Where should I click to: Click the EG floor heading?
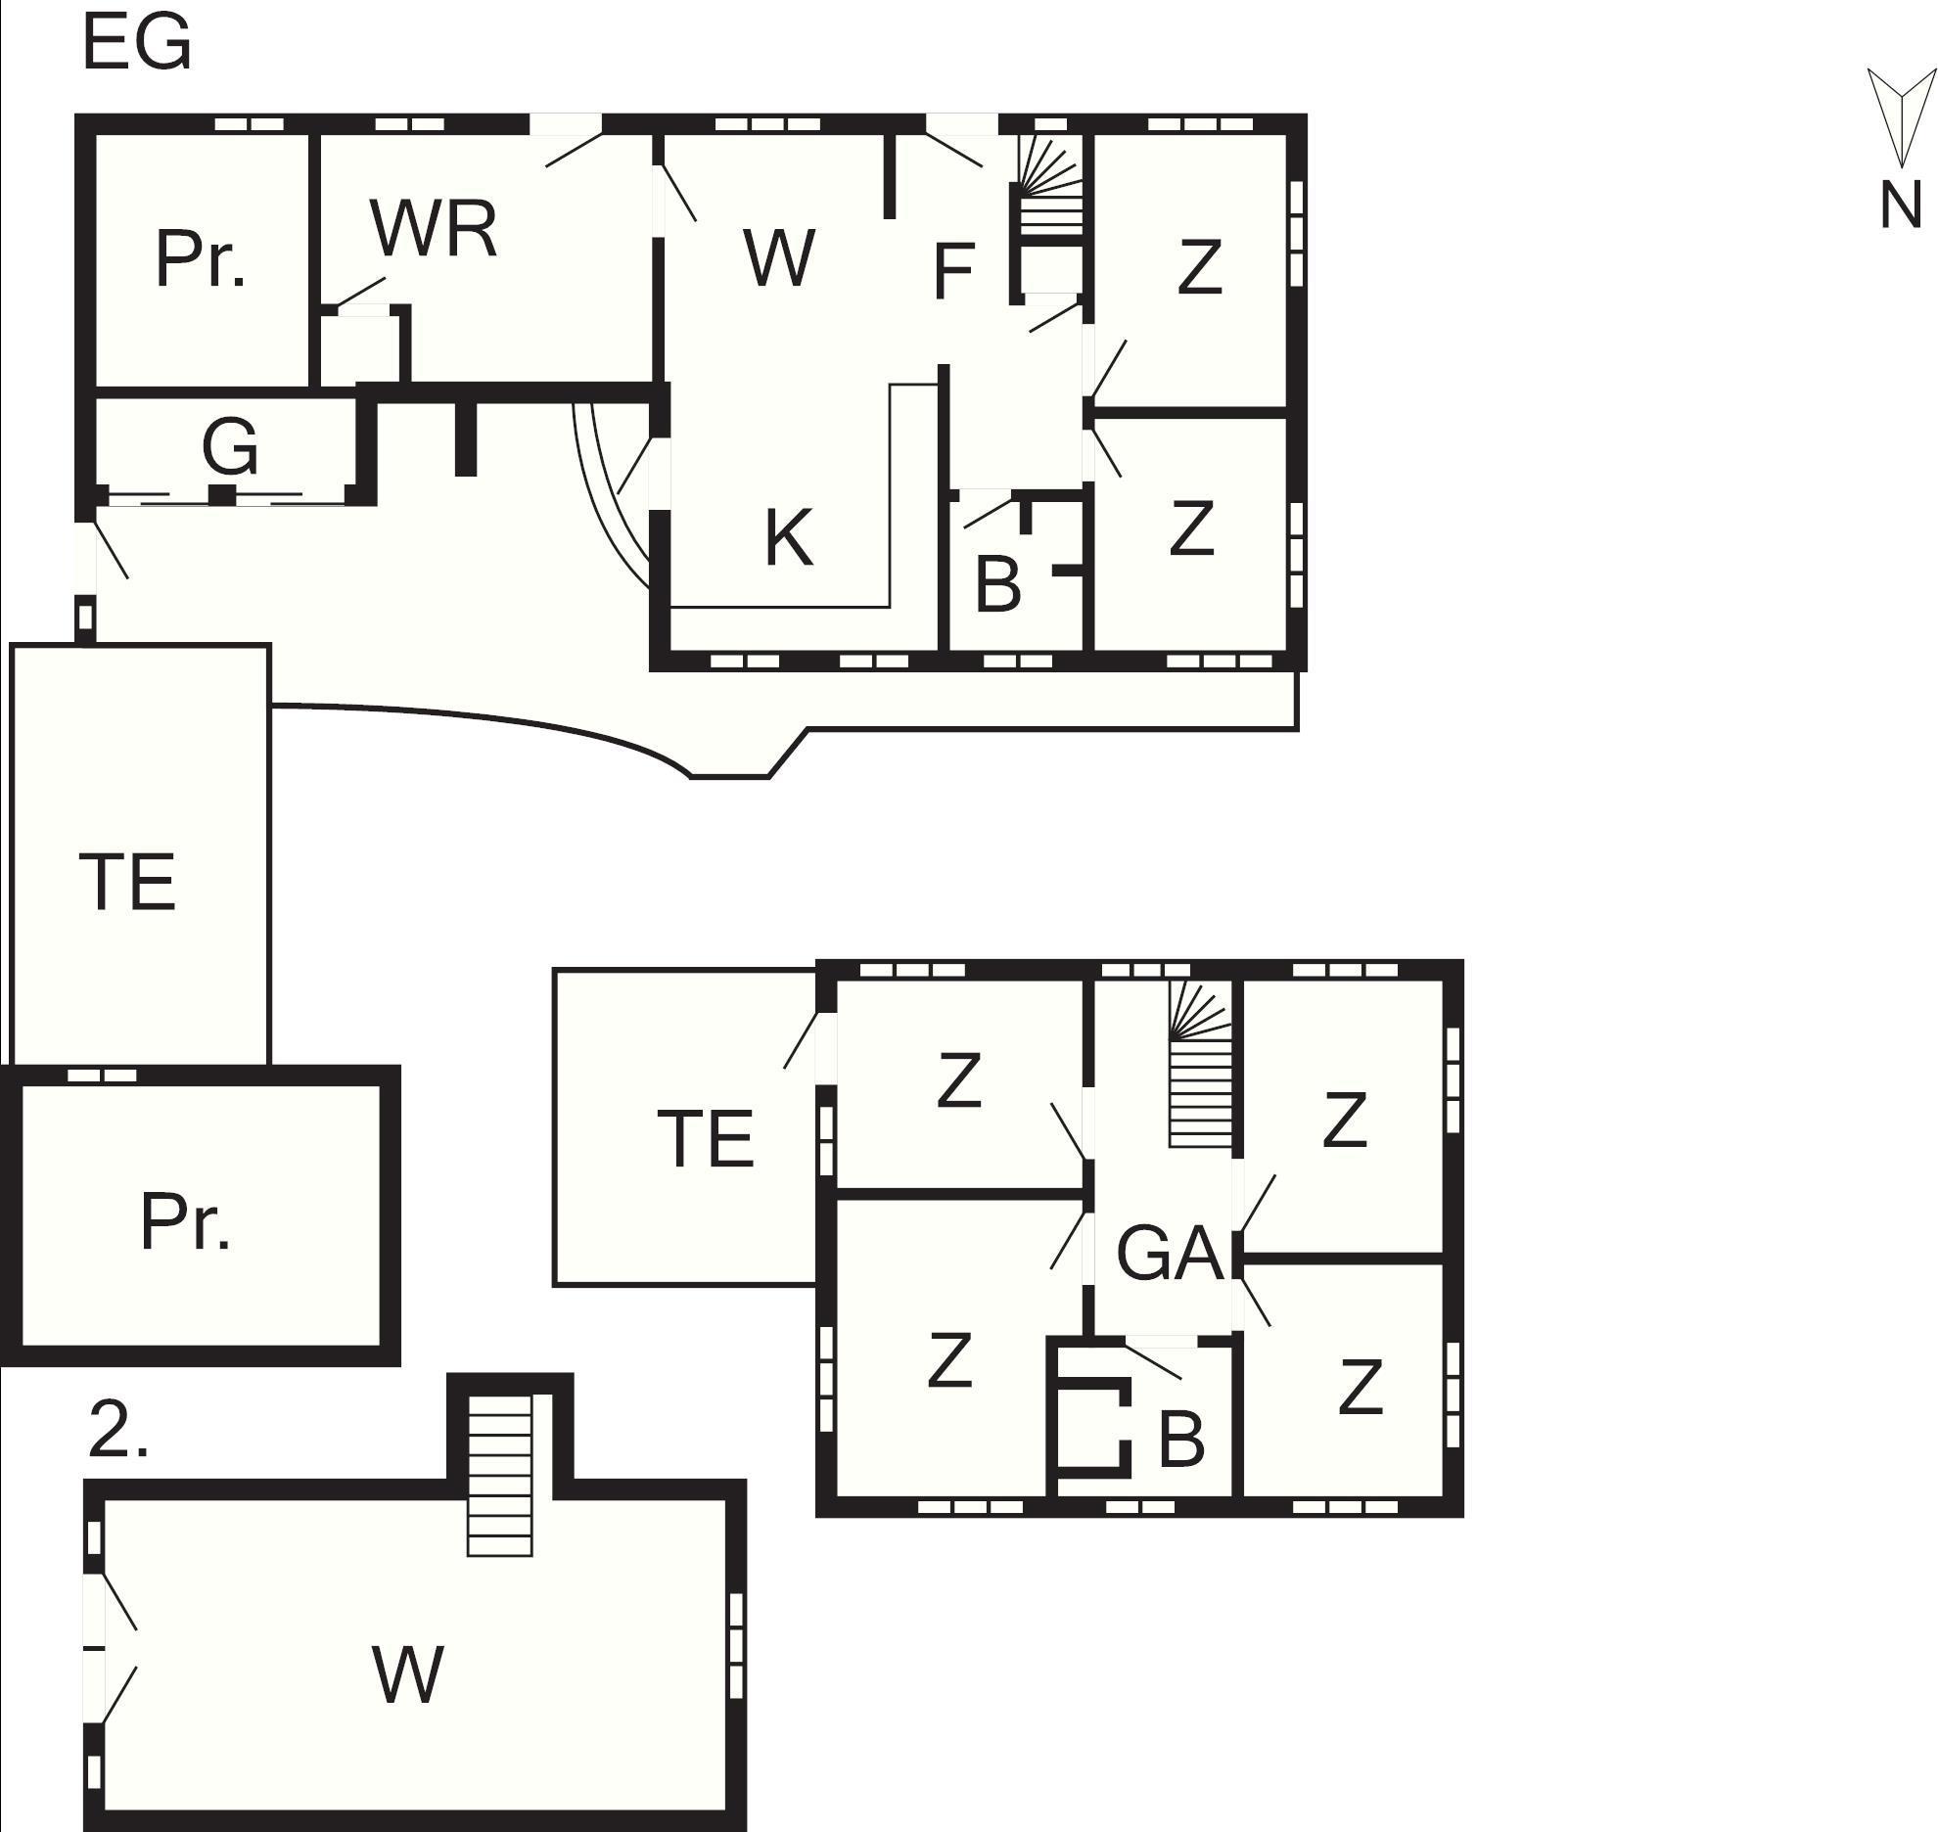coord(136,45)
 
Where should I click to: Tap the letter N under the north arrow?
coord(1901,206)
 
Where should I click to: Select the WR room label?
coord(434,230)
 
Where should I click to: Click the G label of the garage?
coord(231,446)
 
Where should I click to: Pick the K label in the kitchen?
coord(788,538)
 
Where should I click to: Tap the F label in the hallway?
coord(954,271)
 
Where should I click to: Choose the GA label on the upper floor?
coord(1170,1255)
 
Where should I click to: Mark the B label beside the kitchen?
coord(998,584)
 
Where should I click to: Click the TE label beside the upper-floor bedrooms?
coord(710,1138)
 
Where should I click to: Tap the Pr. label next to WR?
coord(200,260)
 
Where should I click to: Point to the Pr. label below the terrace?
coord(186,1223)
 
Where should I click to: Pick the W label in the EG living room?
coord(779,259)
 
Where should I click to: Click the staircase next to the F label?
coord(1051,186)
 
